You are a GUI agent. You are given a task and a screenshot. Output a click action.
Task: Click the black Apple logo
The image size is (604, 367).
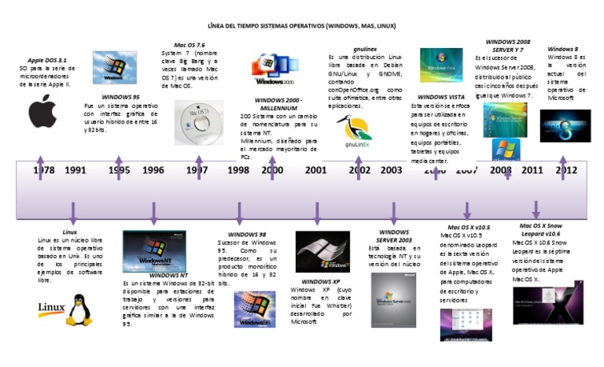(44, 113)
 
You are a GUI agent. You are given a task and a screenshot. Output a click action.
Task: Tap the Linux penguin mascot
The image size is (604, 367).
(77, 310)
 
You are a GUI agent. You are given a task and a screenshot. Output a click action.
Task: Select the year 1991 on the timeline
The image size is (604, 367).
(75, 170)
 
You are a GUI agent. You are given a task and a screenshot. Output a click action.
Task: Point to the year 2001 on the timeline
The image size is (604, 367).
(316, 170)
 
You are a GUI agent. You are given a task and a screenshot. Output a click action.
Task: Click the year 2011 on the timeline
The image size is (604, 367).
(532, 170)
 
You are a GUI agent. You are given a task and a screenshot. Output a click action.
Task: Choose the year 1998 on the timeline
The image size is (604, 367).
(239, 170)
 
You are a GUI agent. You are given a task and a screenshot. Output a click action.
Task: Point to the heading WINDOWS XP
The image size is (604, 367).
(321, 281)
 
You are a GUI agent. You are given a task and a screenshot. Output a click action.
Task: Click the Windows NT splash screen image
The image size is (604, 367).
(153, 250)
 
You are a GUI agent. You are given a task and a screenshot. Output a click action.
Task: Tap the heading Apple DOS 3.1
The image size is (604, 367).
(47, 59)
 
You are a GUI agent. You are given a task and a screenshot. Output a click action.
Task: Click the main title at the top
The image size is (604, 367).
(301, 26)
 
